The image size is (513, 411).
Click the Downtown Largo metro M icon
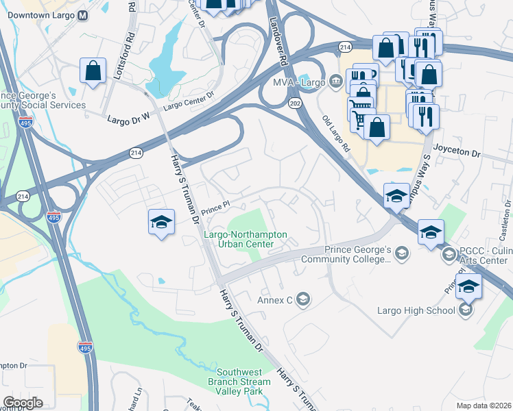(x=83, y=15)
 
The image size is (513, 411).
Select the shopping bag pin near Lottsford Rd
(x=93, y=71)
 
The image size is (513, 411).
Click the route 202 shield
(x=295, y=103)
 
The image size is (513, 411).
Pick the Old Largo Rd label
(x=336, y=133)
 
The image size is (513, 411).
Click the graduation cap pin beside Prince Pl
(x=161, y=223)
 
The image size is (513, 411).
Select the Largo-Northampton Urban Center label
(x=245, y=238)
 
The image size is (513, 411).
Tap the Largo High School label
(x=416, y=310)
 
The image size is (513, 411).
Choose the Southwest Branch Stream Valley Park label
(x=235, y=382)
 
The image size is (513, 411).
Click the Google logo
(x=23, y=403)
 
